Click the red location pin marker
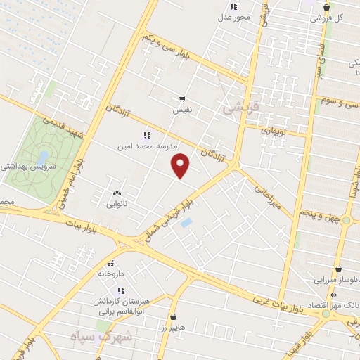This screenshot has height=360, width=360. pos(181,165)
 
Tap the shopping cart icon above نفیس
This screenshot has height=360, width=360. pos(182,99)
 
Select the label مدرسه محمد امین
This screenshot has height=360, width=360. pos(148,145)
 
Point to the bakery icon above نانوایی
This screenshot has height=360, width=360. pos(116,192)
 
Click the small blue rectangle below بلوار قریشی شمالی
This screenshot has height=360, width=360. pos(186,223)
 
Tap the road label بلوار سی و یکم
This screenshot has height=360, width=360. pos(165,46)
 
